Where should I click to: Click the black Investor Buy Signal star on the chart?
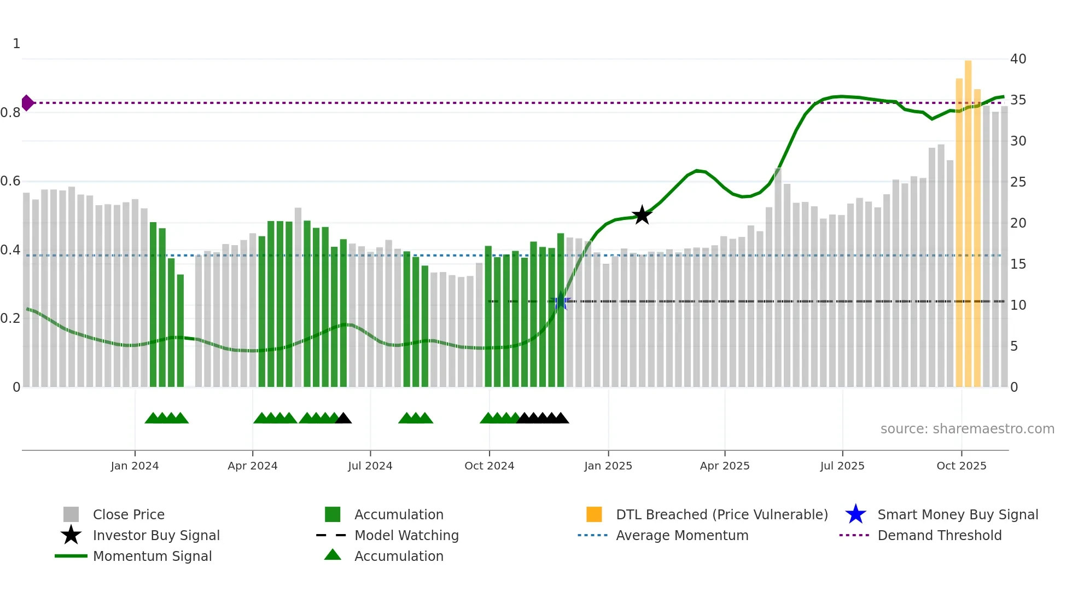click(642, 215)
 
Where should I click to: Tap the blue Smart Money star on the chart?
click(560, 301)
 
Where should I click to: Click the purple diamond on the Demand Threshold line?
click(27, 103)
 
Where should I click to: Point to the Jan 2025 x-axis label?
click(608, 466)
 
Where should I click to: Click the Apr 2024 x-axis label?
click(252, 466)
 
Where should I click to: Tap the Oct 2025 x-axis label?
click(961, 466)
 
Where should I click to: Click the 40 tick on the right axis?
click(1018, 59)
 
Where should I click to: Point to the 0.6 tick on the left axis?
click(11, 181)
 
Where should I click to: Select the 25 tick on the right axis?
click(1018, 182)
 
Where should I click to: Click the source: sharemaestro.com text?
click(967, 429)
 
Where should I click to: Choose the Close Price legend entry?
click(129, 515)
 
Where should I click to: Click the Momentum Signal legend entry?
click(152, 556)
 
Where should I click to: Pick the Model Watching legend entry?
click(406, 536)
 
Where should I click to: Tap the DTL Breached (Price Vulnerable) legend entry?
click(721, 515)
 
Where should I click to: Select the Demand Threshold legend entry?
click(939, 536)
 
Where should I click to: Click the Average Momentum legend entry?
click(681, 536)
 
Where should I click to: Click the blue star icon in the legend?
click(855, 515)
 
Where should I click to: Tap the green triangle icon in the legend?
click(333, 555)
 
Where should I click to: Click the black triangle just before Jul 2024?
click(343, 419)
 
